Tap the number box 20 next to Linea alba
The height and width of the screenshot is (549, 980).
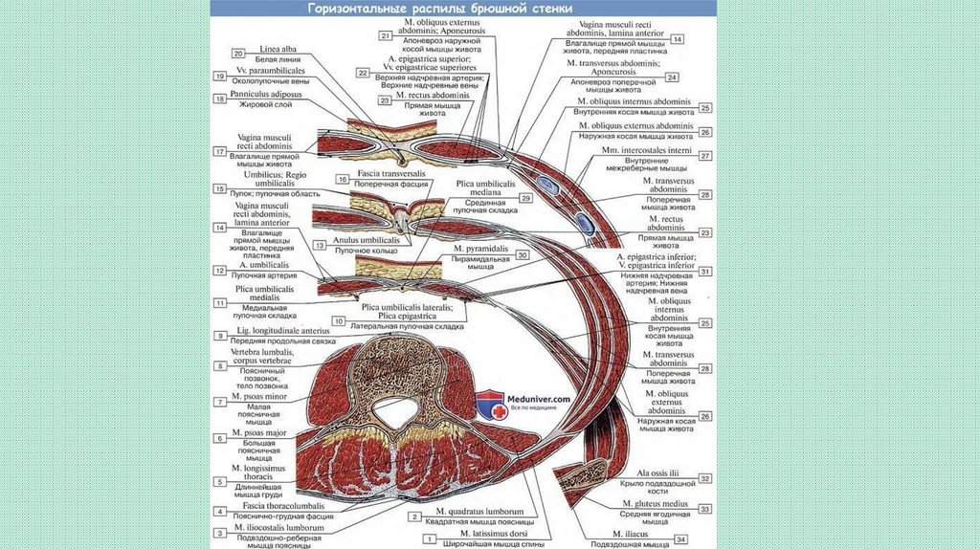point(238,54)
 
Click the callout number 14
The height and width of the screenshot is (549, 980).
point(677,39)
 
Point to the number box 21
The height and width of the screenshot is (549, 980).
point(386,35)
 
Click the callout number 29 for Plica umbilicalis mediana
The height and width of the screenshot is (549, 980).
point(525,197)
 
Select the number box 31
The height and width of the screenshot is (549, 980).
point(705,272)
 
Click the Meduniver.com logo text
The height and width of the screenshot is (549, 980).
point(539,399)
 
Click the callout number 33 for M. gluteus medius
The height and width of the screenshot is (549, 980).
point(705,510)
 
